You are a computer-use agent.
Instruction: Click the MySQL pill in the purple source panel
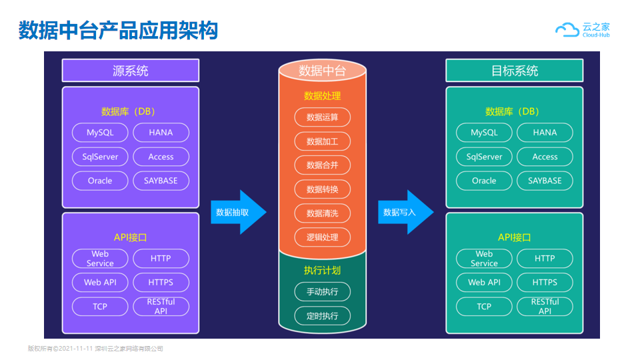[100, 133]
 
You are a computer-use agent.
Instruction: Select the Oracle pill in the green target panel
[484, 181]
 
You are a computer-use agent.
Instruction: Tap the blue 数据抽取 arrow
[239, 212]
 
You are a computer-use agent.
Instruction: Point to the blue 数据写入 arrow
[406, 212]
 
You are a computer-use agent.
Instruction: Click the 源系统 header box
[131, 71]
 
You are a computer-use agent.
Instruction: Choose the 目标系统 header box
[514, 71]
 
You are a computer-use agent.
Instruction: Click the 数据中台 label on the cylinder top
[322, 71]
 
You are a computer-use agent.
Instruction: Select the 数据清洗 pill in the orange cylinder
[323, 213]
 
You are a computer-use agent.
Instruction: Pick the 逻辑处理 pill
[323, 237]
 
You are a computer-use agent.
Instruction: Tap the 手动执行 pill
[323, 292]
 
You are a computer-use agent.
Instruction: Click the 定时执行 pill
[323, 316]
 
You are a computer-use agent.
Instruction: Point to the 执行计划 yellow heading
[322, 270]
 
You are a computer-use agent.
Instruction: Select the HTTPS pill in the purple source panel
[161, 283]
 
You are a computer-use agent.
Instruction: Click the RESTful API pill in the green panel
[545, 307]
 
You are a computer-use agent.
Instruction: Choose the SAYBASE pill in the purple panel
[161, 181]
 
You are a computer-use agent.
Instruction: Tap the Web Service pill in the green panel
[484, 259]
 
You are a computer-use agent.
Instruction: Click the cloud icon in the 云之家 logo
[567, 30]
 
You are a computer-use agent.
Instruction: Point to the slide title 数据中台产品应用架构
[119, 30]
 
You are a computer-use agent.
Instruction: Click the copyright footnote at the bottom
[95, 349]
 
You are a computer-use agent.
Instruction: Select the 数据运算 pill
[323, 117]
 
